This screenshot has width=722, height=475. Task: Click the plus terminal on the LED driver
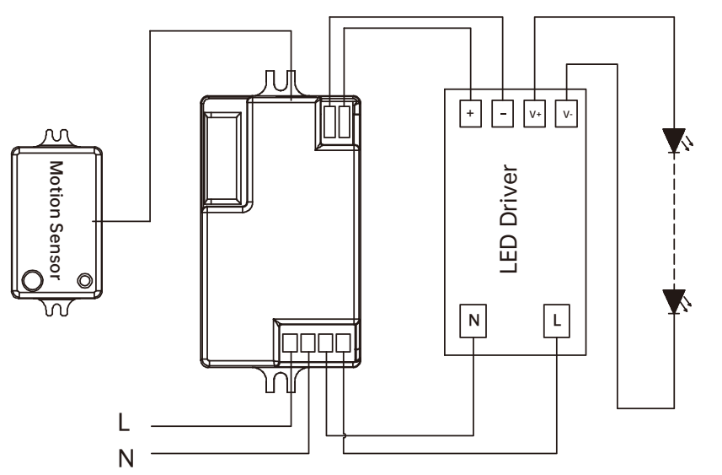[470, 113]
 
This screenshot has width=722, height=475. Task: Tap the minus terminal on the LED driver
[502, 113]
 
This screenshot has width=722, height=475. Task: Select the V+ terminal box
[535, 113]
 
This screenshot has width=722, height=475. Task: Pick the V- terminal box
[566, 113]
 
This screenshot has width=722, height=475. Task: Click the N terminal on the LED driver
[473, 321]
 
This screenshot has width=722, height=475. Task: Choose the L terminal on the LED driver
[557, 321]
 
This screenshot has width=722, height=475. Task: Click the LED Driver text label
[509, 219]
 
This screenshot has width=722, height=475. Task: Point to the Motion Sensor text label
[56, 220]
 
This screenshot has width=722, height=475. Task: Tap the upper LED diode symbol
[675, 141]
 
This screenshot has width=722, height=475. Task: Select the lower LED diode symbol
[675, 302]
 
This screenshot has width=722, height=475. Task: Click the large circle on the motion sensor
[32, 280]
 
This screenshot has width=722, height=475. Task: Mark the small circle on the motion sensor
[85, 280]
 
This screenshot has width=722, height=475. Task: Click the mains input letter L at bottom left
[124, 422]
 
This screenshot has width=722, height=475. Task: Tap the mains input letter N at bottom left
[126, 458]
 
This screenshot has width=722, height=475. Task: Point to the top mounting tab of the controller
[281, 84]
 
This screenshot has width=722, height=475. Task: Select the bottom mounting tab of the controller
[281, 379]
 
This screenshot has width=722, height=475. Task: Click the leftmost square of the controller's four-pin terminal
[290, 343]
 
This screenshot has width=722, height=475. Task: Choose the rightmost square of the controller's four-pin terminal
[344, 343]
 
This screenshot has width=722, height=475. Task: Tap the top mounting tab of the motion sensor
[57, 139]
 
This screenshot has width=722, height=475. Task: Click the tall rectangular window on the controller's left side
[222, 158]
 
